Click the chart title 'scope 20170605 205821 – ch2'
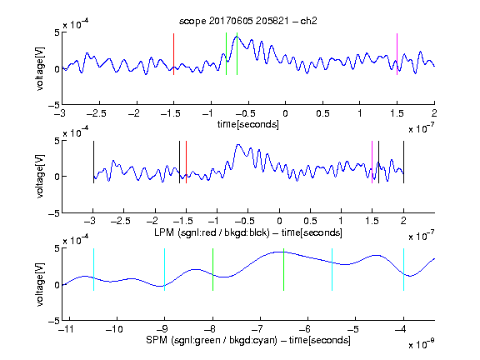point(248,21)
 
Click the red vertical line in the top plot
point(173,54)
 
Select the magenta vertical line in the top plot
point(397,54)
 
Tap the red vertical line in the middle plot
point(186,162)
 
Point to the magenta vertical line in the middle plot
point(372,162)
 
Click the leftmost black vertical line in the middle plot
point(93,162)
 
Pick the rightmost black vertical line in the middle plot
point(404,162)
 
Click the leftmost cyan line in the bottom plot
point(93,269)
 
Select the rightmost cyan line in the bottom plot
point(404,269)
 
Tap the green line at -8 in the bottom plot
point(212,269)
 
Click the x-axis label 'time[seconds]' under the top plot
point(248,124)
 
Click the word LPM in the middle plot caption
point(164,232)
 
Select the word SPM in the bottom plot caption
point(157,340)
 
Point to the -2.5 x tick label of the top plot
point(97,113)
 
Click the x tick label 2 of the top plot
point(434,113)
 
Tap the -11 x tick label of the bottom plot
point(65,329)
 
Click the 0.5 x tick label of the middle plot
point(310,221)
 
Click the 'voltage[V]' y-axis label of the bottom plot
point(40,284)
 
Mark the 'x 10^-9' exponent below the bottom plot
point(422,344)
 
